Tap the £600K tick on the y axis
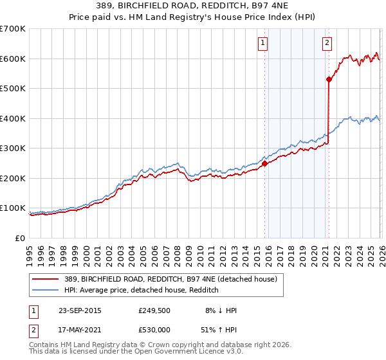pos(13,59)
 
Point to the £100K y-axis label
pos(13,208)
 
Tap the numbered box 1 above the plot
pos(264,43)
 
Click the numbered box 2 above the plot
pos(327,43)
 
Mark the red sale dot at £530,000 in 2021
pos(329,80)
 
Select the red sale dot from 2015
pos(264,163)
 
